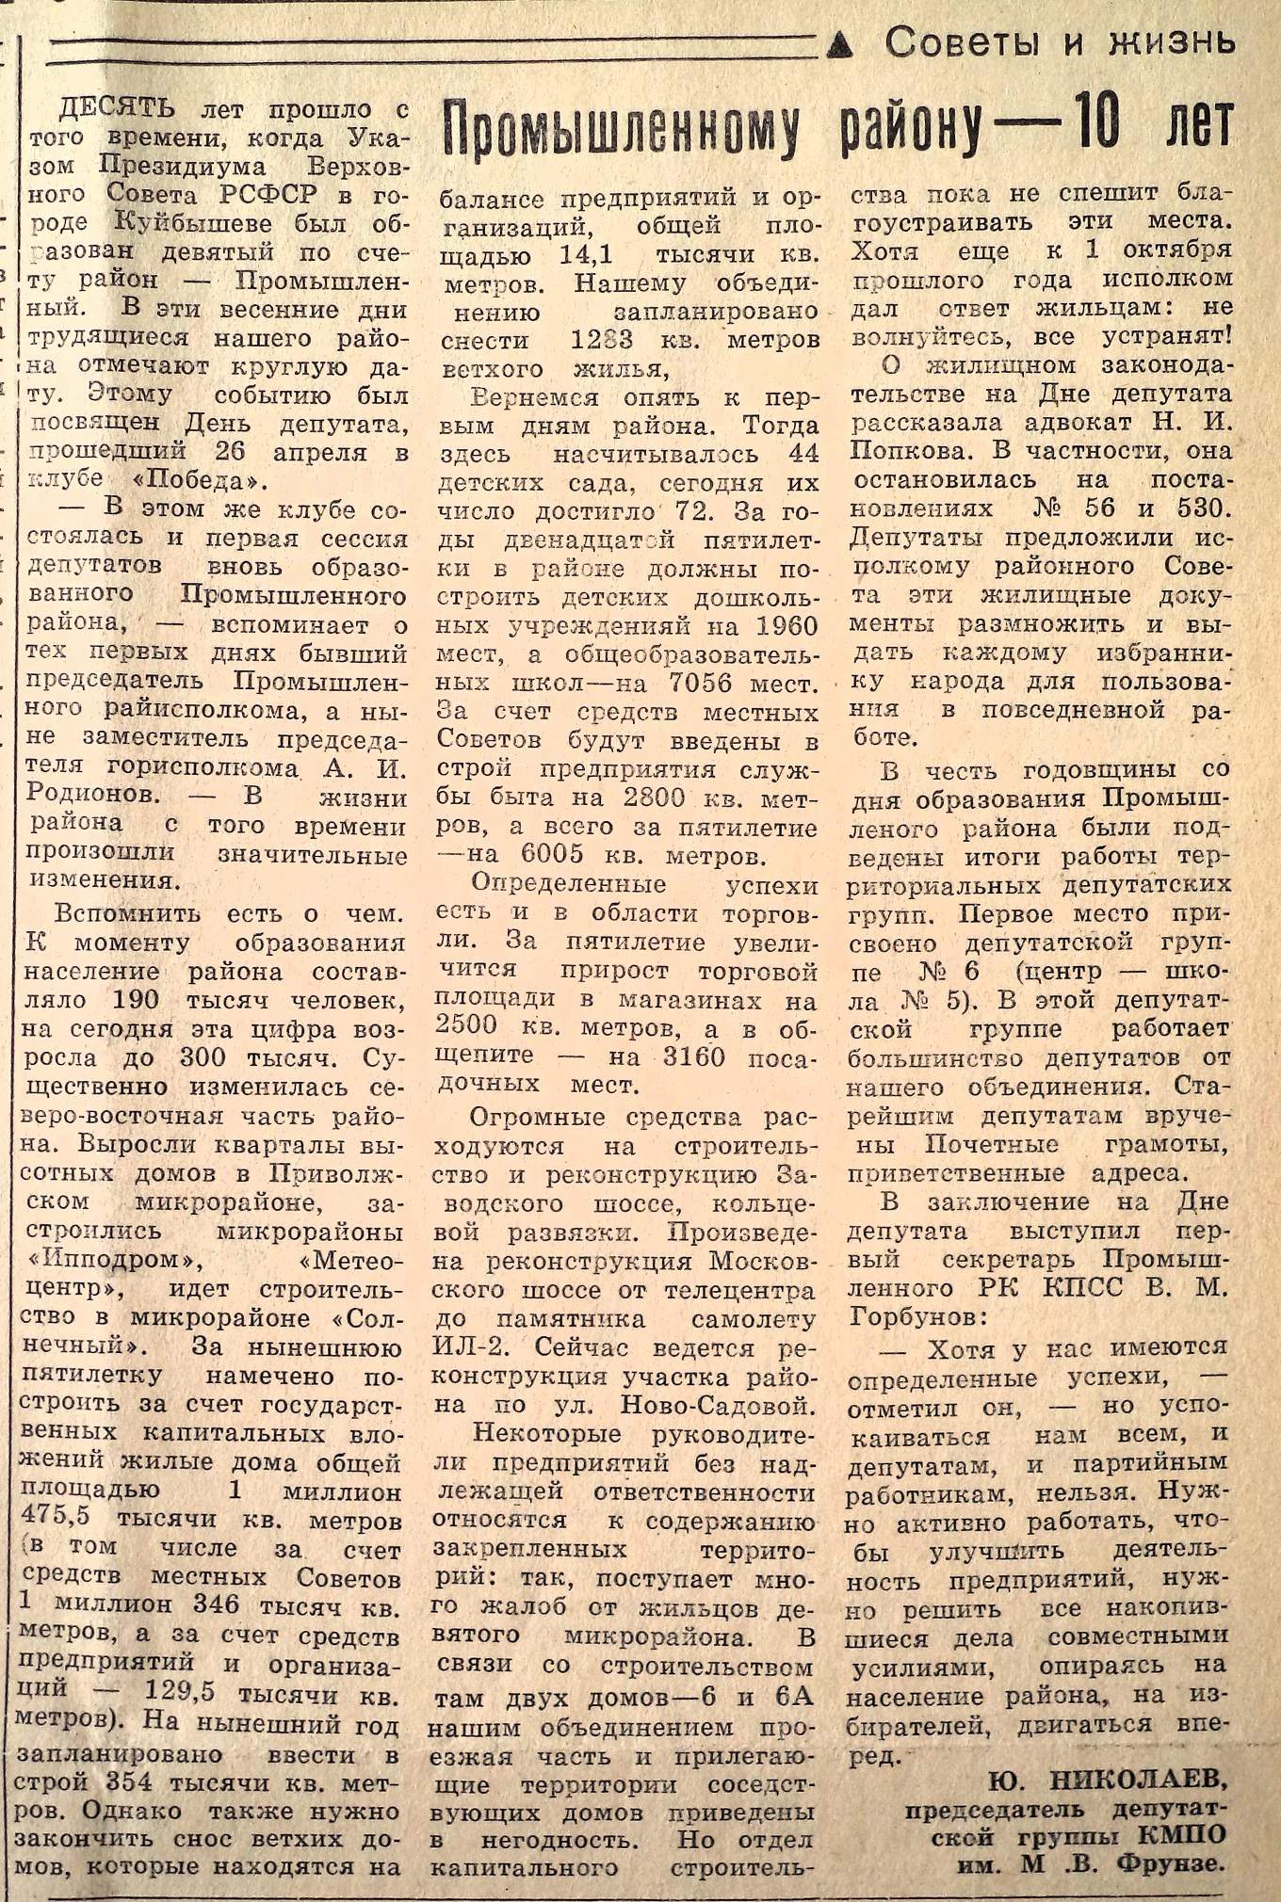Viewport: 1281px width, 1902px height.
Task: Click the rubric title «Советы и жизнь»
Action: point(1059,41)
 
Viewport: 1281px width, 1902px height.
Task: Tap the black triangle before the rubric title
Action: point(840,42)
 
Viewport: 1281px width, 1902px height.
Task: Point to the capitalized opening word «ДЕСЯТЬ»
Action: point(117,110)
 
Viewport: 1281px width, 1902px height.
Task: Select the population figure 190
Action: point(136,1000)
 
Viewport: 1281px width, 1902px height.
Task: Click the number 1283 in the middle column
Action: point(602,340)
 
